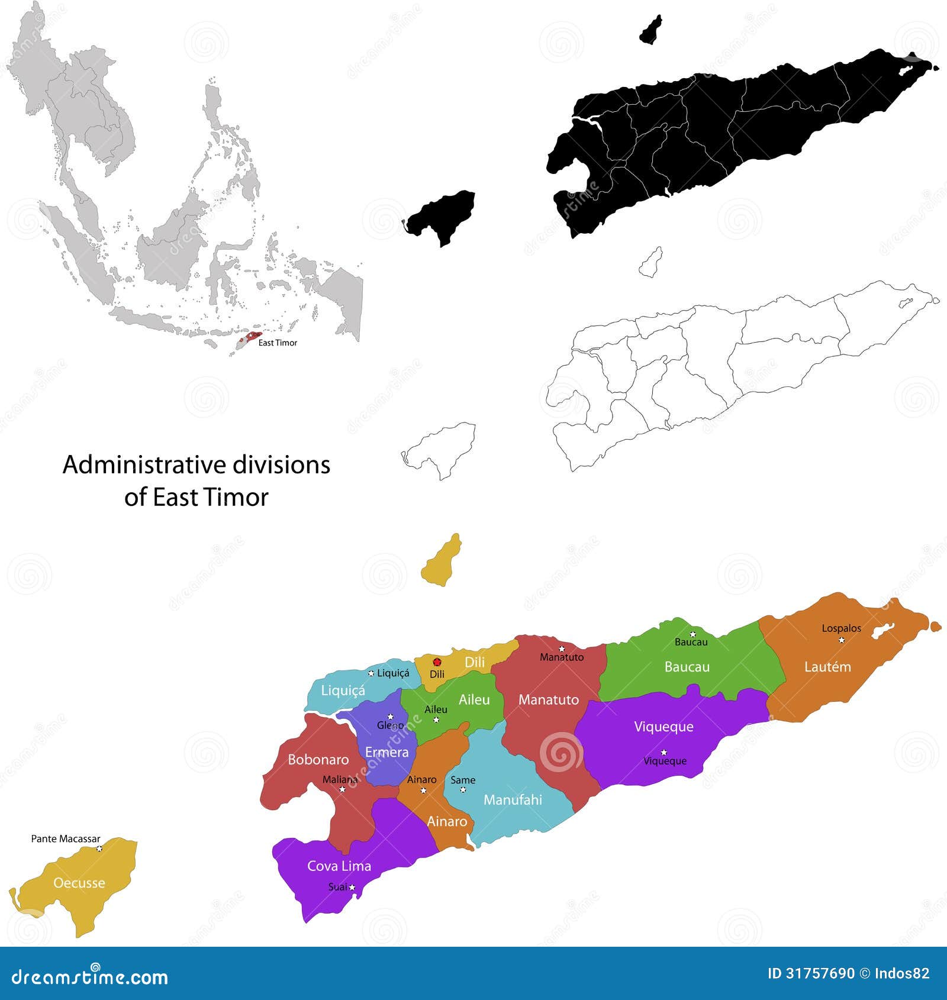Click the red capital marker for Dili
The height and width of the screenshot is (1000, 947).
coord(437,662)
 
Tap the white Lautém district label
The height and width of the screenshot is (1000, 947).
coord(827,667)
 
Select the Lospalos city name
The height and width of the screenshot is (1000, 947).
coord(841,628)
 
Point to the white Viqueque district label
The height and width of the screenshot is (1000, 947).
coord(663,727)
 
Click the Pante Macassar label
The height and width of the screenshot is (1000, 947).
coord(66,838)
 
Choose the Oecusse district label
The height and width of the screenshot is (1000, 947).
coord(79,883)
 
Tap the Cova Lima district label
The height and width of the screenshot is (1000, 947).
coord(339,866)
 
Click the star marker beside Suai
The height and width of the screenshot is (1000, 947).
coord(352,887)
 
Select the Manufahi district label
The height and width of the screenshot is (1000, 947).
coord(513,800)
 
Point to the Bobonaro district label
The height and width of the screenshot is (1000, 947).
coord(318,759)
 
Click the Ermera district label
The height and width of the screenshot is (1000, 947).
coord(386,752)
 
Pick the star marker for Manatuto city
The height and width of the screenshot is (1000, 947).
coord(562,649)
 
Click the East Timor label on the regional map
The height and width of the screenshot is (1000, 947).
coord(278,343)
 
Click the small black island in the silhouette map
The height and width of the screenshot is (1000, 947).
coord(650,30)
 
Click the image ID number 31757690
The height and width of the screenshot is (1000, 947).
coord(820,973)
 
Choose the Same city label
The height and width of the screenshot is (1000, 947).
coord(462,780)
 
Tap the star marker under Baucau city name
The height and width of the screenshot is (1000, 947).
coord(692,634)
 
